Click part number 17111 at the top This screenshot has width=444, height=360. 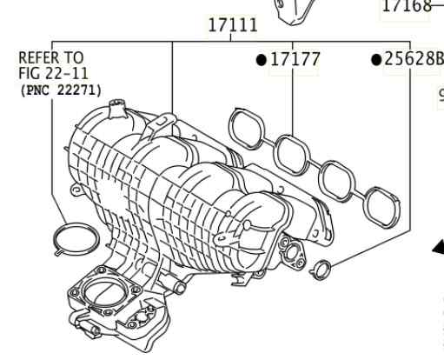tap(233, 25)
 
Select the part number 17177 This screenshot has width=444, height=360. tap(295, 59)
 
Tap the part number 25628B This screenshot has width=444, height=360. tap(414, 59)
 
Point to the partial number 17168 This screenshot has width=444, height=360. tap(407, 6)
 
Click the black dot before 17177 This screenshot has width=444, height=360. tap(262, 60)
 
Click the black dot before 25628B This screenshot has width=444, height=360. tap(376, 60)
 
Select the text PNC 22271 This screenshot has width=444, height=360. tap(61, 90)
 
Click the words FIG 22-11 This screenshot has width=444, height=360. tap(53, 73)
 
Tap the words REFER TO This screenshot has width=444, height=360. tap(51, 57)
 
